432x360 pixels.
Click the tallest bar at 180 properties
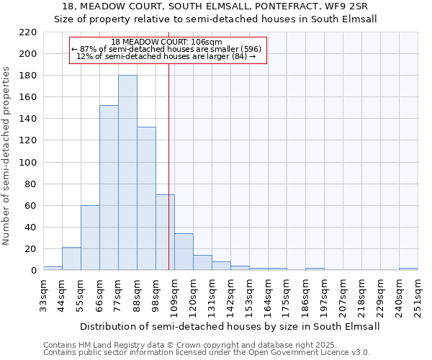point(127,173)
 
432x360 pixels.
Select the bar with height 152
point(109,187)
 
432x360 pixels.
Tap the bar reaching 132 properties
point(146,198)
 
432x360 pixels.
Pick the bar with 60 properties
point(90,238)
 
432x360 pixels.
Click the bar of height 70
point(165,232)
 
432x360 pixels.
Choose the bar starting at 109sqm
point(184,252)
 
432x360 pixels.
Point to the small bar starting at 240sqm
point(408,269)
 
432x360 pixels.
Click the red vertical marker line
point(168,180)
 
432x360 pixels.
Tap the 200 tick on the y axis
point(28,54)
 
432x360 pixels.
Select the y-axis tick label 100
point(28,162)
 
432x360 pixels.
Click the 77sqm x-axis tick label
point(118,294)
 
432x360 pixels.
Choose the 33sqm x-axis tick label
point(43,294)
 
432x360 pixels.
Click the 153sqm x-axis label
point(249,294)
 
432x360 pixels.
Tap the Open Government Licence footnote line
point(207,353)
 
